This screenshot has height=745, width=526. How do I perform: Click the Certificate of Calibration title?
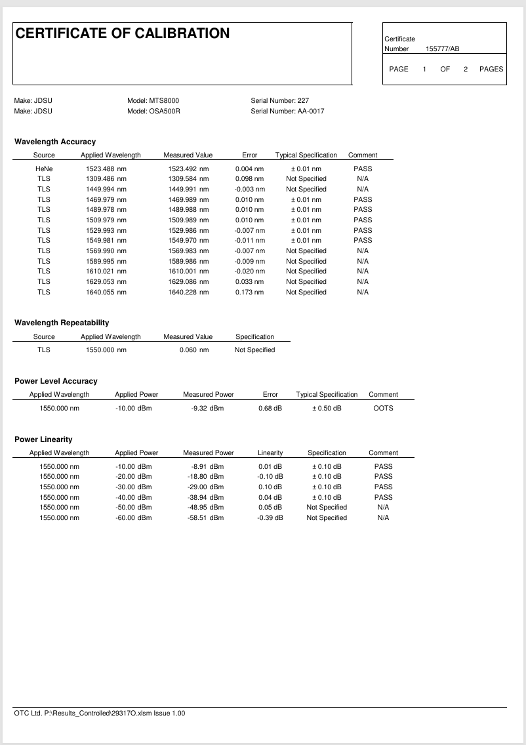coord(123,33)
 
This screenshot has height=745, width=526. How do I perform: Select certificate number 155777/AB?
coord(443,49)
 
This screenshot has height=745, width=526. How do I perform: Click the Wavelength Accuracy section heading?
coord(55,142)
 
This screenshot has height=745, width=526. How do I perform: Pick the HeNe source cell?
coord(44,169)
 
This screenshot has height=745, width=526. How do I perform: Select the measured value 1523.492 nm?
coord(188,169)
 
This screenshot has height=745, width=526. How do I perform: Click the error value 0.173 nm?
coord(249,292)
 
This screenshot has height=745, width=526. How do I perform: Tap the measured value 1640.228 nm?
coord(188,292)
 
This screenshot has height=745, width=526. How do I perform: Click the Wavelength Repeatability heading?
coord(62,323)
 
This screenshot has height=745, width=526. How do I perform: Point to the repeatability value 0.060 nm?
coord(194,350)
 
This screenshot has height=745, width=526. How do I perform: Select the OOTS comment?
coord(383,408)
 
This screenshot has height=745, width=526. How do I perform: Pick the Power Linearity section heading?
coord(43,439)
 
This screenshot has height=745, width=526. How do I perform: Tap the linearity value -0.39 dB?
coord(270,517)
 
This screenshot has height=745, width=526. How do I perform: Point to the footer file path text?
coord(100,713)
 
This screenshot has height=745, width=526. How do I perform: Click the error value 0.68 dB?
coord(270,408)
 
